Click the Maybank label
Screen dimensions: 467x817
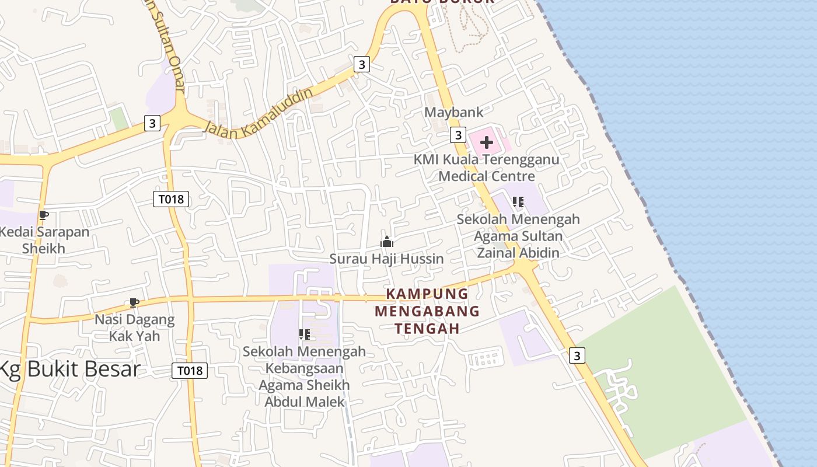454,112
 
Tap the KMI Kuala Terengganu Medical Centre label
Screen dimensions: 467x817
486,168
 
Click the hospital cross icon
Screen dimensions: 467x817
486,142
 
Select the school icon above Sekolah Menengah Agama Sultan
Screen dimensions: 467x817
518,202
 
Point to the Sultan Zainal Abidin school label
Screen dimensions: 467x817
518,236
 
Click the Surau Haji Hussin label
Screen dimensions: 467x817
386,259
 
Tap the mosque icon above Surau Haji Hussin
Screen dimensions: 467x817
387,242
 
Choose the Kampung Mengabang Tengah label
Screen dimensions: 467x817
427,311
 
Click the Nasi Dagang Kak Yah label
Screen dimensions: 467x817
135,327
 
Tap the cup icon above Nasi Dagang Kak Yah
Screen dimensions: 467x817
134,302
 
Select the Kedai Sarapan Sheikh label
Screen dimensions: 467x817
45,240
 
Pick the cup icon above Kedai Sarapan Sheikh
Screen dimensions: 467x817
43,215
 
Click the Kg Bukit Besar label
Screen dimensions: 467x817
70,370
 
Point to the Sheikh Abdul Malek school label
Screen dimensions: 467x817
305,377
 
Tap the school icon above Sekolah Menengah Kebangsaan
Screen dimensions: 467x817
304,334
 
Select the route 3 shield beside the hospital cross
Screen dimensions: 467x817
458,135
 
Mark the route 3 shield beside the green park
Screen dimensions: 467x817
577,355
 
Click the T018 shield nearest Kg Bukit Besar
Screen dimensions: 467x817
190,371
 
